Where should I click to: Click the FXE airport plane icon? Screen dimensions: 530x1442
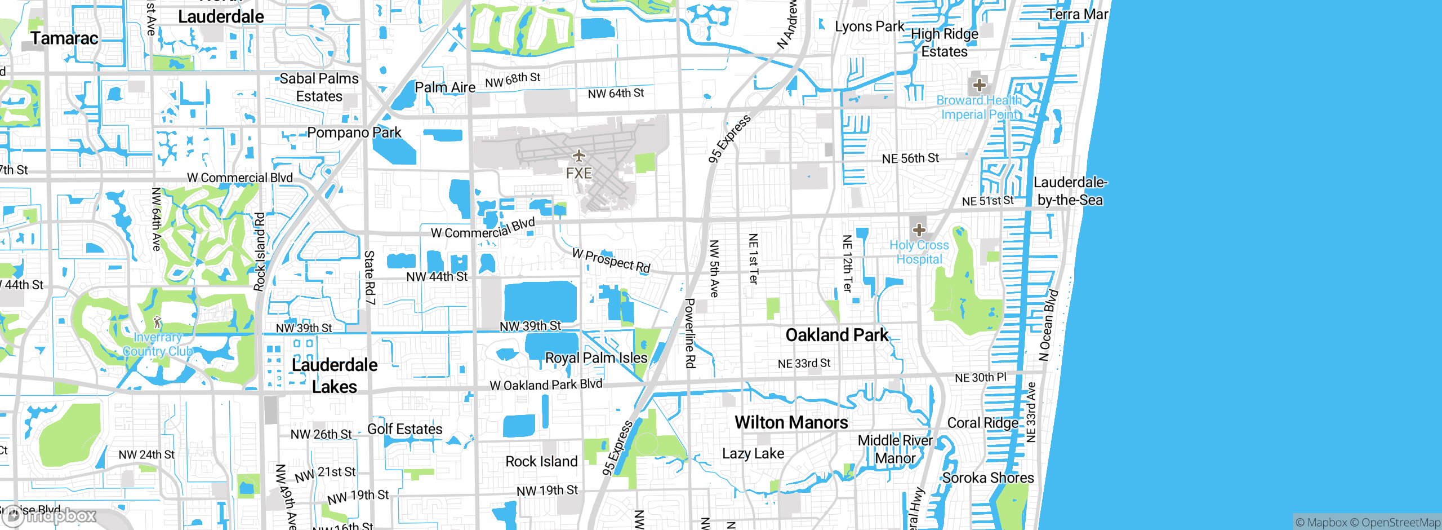tap(579, 156)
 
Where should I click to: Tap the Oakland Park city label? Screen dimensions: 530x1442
tap(836, 335)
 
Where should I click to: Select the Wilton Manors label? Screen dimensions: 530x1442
tap(791, 422)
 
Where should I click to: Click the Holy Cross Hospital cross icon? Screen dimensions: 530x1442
tap(919, 229)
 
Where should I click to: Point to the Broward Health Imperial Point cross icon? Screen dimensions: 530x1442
tap(980, 85)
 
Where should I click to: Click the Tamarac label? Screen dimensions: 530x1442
tap(64, 38)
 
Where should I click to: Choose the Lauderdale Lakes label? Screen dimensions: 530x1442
tap(335, 376)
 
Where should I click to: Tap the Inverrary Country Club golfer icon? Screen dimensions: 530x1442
tap(158, 323)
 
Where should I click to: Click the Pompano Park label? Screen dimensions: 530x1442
tap(354, 132)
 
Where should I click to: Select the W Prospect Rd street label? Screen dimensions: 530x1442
tap(611, 260)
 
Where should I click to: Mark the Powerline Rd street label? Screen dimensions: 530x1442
tap(690, 333)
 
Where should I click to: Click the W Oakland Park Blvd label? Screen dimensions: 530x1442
tap(546, 385)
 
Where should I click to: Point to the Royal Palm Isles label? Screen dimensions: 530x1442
tap(596, 358)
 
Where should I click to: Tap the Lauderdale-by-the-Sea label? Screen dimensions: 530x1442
tap(1070, 191)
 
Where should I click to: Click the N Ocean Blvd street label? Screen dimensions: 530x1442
tap(1048, 325)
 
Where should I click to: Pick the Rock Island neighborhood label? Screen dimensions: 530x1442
tap(541, 462)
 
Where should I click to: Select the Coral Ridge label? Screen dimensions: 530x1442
tap(983, 423)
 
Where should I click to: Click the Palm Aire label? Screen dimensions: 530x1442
tap(445, 87)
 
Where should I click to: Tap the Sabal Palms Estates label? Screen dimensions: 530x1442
tap(319, 87)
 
